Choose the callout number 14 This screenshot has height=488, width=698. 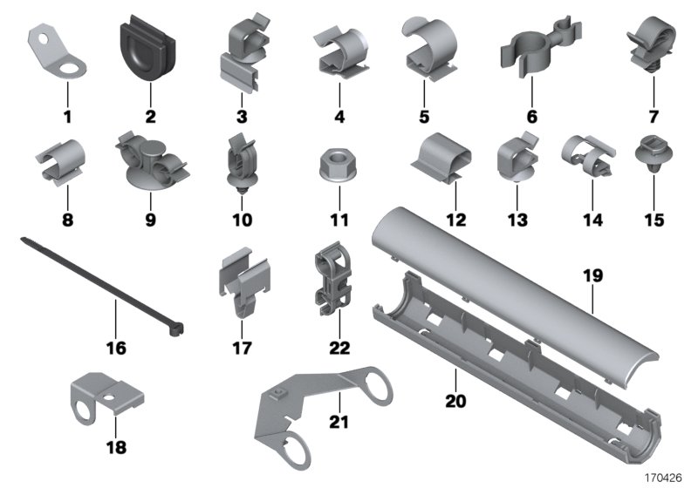592,196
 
